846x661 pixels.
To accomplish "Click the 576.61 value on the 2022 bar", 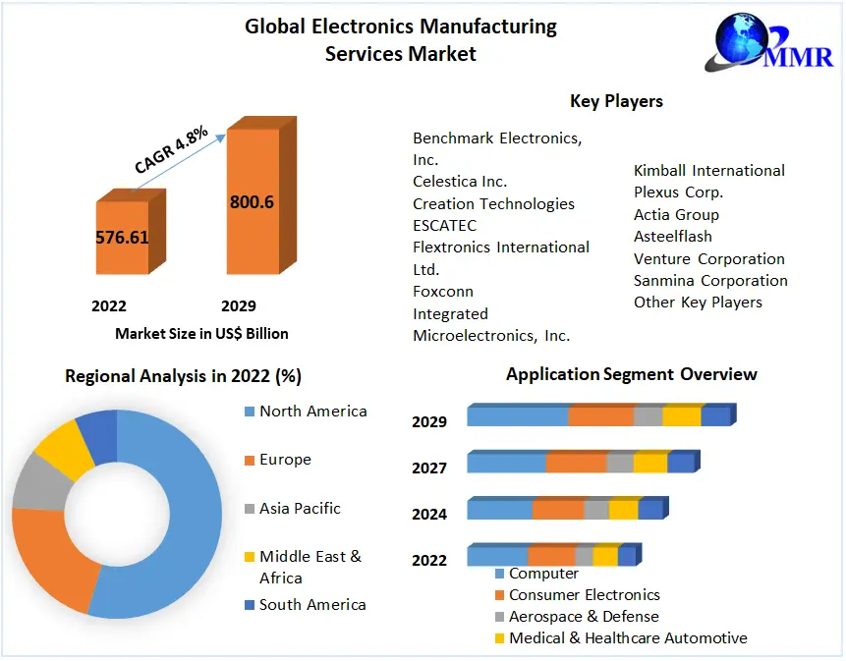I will (x=121, y=238).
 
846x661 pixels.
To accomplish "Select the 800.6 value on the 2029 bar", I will (x=252, y=202).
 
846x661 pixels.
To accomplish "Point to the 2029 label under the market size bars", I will (x=239, y=306).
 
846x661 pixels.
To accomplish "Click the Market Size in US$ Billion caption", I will (x=201, y=333).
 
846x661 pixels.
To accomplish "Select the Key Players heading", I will (x=616, y=101).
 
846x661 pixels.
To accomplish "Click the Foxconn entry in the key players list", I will (x=442, y=292).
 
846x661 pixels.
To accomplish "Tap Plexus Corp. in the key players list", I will (x=678, y=193).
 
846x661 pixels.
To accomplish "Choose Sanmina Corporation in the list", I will (x=710, y=281).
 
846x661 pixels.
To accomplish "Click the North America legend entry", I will (x=312, y=412).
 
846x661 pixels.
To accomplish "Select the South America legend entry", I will (x=312, y=605).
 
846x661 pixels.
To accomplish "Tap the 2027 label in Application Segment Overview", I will (x=429, y=468).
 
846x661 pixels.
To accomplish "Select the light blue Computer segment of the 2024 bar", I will (x=499, y=510).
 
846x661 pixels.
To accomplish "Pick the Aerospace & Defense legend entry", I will (x=584, y=617).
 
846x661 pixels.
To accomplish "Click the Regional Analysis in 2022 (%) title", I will (x=183, y=376).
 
